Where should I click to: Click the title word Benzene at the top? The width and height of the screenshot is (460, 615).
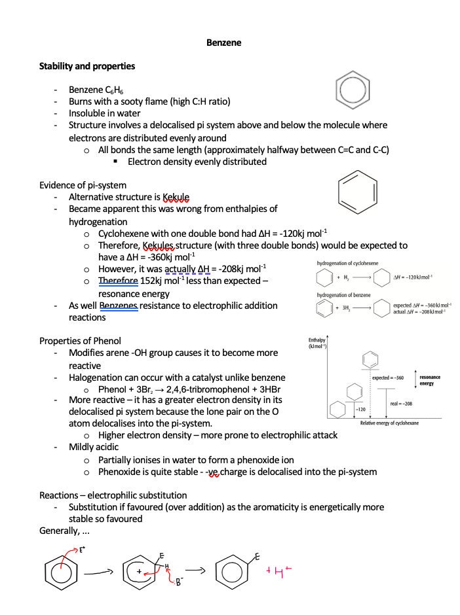(x=224, y=43)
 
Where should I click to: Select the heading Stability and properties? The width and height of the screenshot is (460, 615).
(x=87, y=66)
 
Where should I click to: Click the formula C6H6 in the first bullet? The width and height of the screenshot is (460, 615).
(x=118, y=90)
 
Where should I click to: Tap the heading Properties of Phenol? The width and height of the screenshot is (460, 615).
(x=80, y=341)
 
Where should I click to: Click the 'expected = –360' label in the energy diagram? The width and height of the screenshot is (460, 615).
(x=388, y=378)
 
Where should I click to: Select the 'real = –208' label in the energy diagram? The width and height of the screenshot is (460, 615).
(x=401, y=403)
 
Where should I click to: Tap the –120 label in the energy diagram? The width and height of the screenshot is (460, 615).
(x=360, y=409)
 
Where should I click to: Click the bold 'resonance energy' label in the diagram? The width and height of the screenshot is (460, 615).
(x=430, y=380)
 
